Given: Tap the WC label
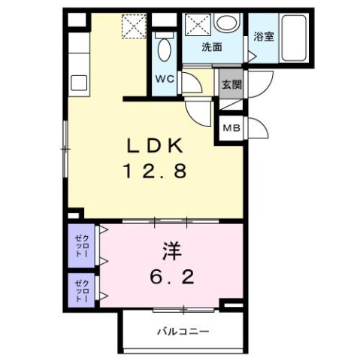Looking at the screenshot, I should [x=165, y=78].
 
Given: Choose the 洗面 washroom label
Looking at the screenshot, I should [x=213, y=47].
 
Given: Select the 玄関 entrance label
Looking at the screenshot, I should [x=230, y=84].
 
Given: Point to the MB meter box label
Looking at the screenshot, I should [x=230, y=128].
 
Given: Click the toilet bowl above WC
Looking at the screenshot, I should [x=165, y=50].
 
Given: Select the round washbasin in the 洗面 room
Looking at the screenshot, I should [x=223, y=23].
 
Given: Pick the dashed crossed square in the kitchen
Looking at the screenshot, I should [x=138, y=26].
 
